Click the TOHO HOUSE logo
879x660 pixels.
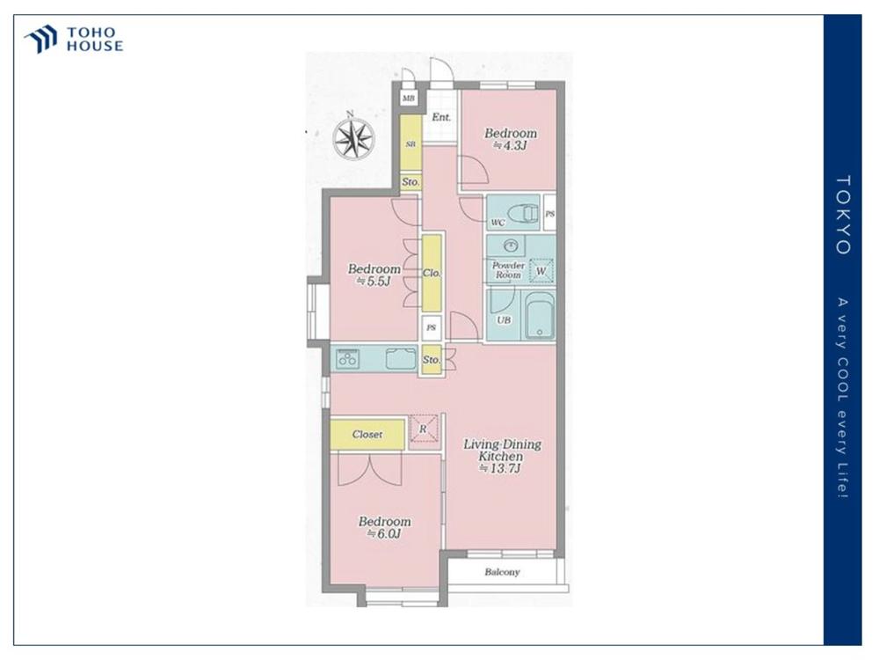coord(74,40)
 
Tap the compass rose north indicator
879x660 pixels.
coord(353,138)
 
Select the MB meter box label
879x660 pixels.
coord(408,99)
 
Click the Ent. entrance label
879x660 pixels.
coord(441,117)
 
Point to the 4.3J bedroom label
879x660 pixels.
coord(510,139)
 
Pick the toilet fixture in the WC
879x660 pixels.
coord(522,213)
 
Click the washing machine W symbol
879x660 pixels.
coord(541,270)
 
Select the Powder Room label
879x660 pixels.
coord(508,270)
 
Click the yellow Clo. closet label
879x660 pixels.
coord(432,274)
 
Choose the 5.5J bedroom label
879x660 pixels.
coord(374,275)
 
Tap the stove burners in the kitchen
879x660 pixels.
coord(347,358)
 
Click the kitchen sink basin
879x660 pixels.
coord(402,358)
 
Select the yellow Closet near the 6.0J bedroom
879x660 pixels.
coord(367,435)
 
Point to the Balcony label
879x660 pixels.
coord(502,572)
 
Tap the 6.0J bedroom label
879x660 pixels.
coord(385,527)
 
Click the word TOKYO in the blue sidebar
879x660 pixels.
coord(843,216)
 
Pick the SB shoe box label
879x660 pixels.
coord(410,144)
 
